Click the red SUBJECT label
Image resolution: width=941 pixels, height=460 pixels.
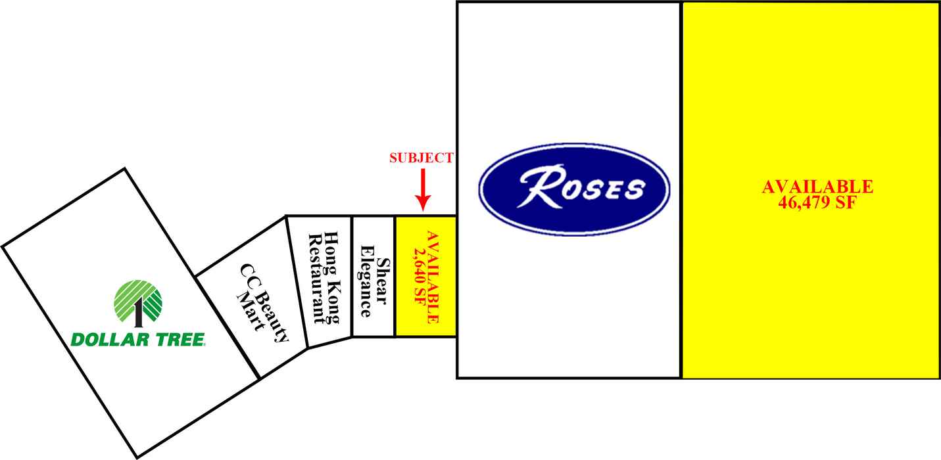click(422, 158)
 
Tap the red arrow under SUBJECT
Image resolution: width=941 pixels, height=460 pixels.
click(423, 190)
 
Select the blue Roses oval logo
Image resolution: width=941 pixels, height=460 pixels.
click(574, 189)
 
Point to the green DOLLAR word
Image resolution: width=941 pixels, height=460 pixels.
click(111, 340)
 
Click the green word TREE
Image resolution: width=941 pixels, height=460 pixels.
click(180, 340)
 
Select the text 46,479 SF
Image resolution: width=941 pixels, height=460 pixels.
click(817, 202)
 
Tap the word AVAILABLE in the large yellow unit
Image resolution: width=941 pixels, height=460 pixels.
click(817, 187)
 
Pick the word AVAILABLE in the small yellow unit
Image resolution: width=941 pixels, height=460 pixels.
click(433, 277)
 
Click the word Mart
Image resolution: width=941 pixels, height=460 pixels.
click(251, 311)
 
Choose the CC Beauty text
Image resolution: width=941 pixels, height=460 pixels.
click(264, 303)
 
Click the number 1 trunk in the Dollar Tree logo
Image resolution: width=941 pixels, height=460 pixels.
click(138, 313)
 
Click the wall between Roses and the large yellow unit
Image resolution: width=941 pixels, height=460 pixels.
click(681, 190)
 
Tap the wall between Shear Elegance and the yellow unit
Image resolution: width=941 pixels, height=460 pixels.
click(395, 277)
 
